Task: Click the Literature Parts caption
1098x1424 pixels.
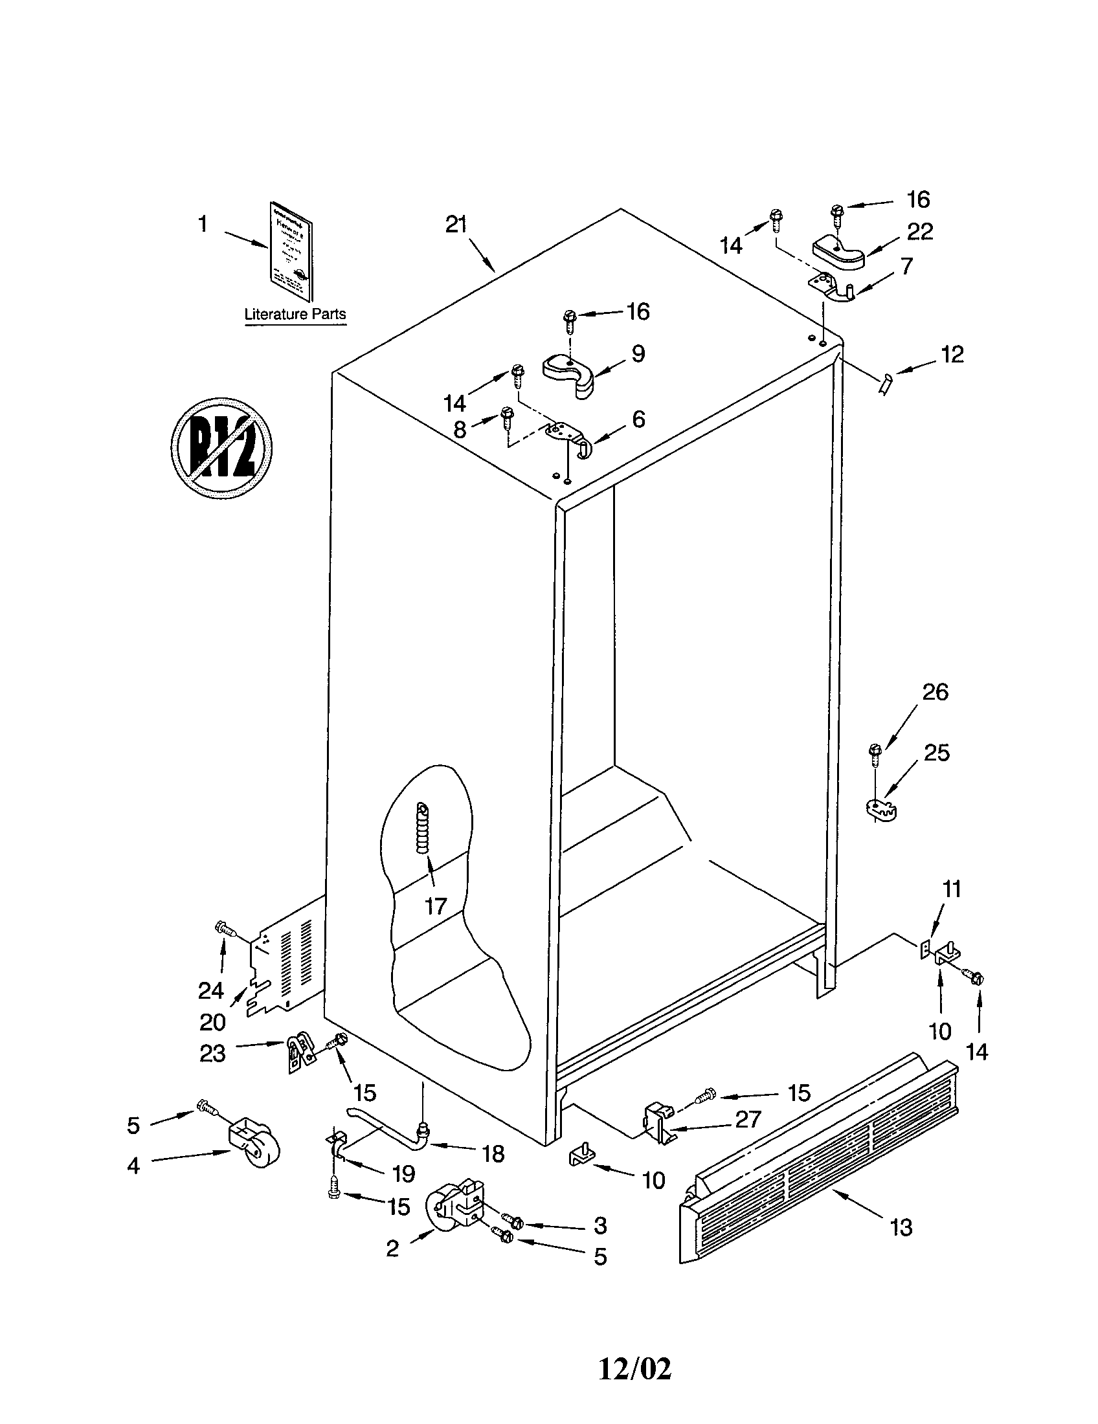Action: click(x=295, y=315)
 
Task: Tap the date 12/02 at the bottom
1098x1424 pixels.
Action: click(x=634, y=1369)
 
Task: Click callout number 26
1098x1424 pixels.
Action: click(x=935, y=692)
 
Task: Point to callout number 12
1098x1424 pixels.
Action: click(x=952, y=355)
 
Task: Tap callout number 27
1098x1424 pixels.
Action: click(x=748, y=1119)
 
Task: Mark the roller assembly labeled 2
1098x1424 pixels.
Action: click(x=455, y=1210)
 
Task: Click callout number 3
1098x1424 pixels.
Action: click(x=601, y=1225)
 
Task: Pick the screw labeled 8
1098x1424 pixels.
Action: click(x=508, y=416)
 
